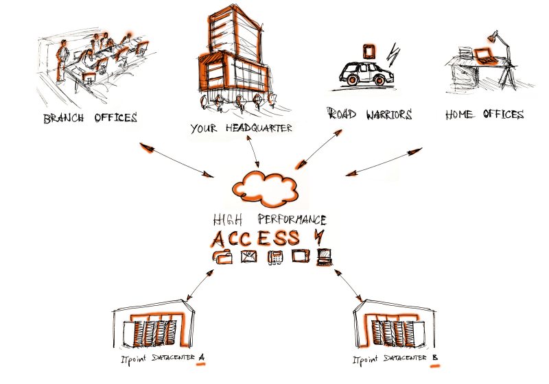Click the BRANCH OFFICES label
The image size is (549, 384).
tap(90, 117)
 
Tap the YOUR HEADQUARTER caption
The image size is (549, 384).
tap(241, 128)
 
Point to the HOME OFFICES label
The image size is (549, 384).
tap(484, 115)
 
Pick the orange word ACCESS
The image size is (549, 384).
tap(255, 239)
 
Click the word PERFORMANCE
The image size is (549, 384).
tap(292, 220)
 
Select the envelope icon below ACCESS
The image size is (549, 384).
tap(248, 258)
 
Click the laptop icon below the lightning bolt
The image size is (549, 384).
tap(323, 257)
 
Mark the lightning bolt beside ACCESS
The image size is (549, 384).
tap(317, 236)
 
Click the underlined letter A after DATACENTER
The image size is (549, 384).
tap(201, 358)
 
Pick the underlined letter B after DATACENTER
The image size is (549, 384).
tap(434, 358)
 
